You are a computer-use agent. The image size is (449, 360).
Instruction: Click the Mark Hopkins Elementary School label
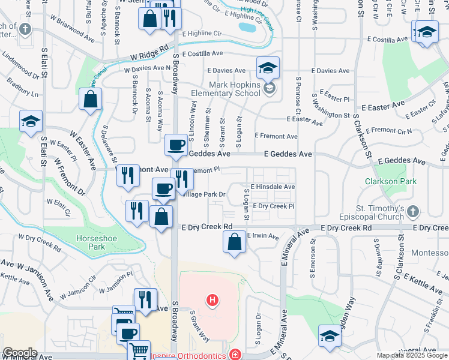pyautogui.click(x=225, y=89)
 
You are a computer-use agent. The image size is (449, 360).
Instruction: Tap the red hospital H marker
pyautogui.click(x=211, y=299)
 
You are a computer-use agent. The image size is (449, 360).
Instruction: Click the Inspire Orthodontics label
pyautogui.click(x=191, y=355)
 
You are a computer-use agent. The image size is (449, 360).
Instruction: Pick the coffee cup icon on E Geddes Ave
pyautogui.click(x=176, y=145)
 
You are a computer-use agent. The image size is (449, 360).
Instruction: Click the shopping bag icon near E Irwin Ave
pyautogui.click(x=235, y=242)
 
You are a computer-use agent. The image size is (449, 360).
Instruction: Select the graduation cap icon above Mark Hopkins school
pyautogui.click(x=268, y=67)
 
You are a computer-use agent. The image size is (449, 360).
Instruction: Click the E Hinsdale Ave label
pyautogui.click(x=273, y=187)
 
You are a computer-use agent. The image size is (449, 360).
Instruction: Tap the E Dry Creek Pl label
pyautogui.click(x=273, y=206)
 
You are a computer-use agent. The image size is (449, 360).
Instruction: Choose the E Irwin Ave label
pyautogui.click(x=264, y=236)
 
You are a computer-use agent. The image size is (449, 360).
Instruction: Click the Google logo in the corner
pyautogui.click(x=19, y=353)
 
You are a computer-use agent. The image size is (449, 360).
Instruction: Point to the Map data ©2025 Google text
pyautogui.click(x=412, y=355)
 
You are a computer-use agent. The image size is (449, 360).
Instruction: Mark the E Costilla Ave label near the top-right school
pyautogui.click(x=384, y=40)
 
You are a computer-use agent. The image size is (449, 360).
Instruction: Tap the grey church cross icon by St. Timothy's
pyautogui.click(x=412, y=211)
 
